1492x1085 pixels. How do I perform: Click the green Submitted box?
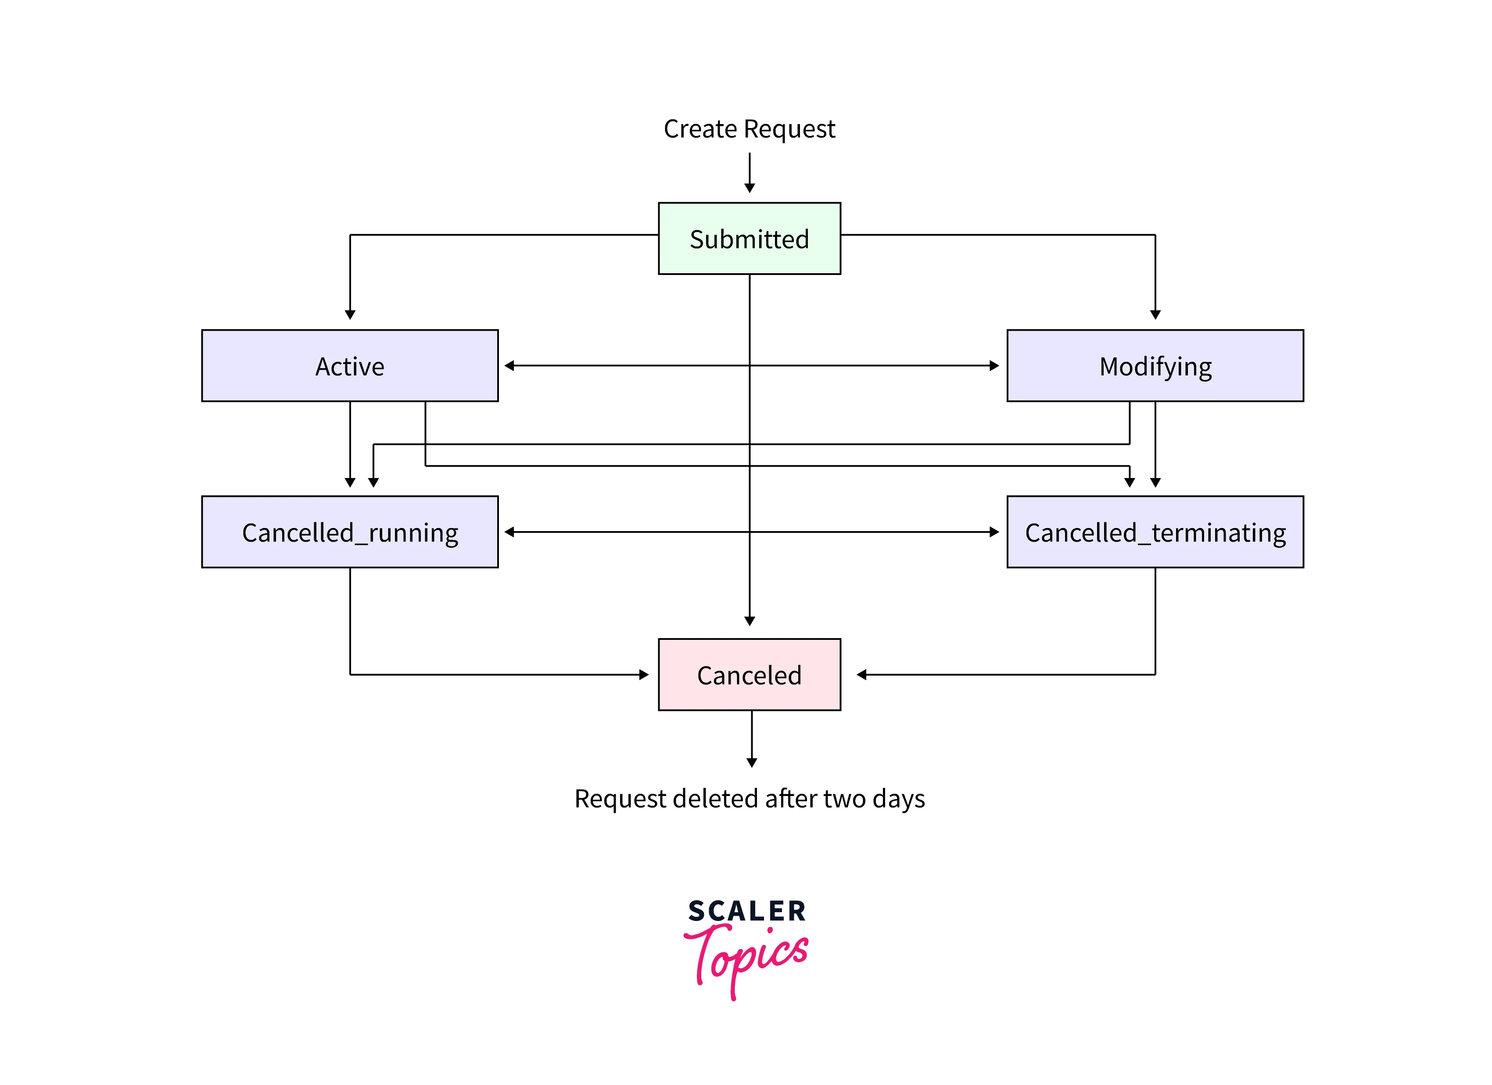[x=749, y=238]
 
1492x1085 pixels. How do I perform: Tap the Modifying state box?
[x=1155, y=366]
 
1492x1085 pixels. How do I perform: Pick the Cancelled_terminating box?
[x=1155, y=532]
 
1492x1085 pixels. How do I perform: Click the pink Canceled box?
[x=749, y=675]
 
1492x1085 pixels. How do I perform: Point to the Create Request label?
[x=749, y=129]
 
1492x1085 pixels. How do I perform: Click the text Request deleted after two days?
[x=749, y=798]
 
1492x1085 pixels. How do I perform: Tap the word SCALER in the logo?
[x=746, y=911]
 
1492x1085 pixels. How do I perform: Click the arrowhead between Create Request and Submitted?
[x=749, y=188]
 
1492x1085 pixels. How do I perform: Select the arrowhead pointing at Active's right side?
[x=509, y=366]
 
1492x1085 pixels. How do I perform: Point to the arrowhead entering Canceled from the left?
[x=644, y=675]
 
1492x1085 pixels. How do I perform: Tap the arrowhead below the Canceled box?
[x=751, y=763]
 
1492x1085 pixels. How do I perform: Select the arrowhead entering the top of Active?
[x=350, y=315]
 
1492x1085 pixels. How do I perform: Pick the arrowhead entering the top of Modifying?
[x=1155, y=315]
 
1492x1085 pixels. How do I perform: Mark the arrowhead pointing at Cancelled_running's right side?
[x=509, y=532]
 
